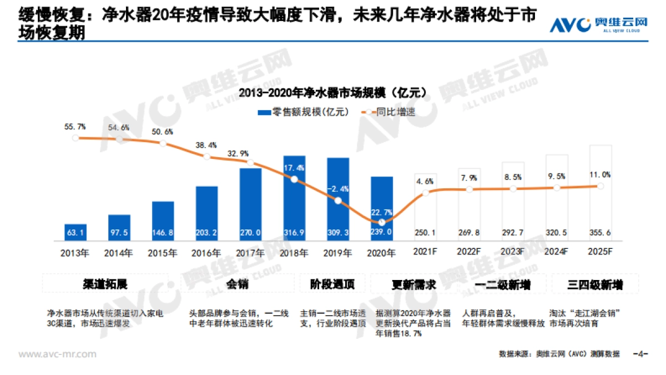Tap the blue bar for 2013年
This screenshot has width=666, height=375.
point(75,232)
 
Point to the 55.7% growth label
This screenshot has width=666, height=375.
point(75,127)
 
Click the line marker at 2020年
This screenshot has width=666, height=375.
point(382,222)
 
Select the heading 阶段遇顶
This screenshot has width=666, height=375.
point(332,285)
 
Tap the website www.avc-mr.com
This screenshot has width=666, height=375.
point(58,354)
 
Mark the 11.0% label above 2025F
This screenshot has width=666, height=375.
point(601,175)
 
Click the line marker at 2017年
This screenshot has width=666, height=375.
point(250,163)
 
